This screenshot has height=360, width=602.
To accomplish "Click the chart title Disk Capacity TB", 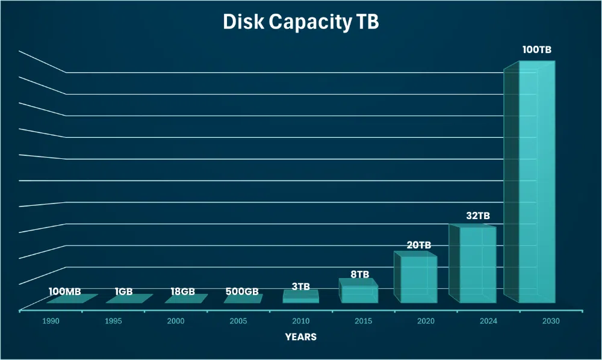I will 301,22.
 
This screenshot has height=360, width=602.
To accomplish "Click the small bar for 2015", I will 359,293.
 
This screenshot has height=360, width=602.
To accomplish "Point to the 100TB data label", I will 536,49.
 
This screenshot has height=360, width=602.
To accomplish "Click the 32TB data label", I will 478,216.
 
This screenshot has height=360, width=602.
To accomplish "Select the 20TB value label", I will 418,245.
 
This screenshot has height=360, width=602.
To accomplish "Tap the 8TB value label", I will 359,275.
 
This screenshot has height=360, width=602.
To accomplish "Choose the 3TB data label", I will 301,287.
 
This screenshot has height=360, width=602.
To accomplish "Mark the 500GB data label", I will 242,292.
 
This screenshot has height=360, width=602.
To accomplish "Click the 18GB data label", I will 183,292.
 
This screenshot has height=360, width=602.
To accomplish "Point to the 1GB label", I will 123,292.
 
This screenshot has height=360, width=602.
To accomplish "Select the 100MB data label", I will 64,292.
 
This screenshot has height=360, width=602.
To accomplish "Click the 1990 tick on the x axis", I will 51,321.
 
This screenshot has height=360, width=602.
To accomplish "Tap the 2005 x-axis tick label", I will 238,321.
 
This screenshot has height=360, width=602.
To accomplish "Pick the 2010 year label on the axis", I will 301,321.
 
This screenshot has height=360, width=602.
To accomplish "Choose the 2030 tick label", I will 550,321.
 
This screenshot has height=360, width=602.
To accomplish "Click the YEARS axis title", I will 301,337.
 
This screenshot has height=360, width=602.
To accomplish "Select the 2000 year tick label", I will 176,321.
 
